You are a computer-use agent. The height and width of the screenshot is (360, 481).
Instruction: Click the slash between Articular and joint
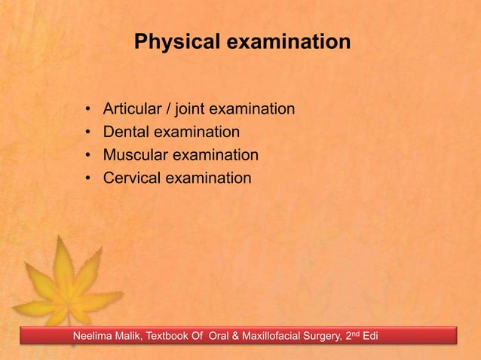tap(174, 110)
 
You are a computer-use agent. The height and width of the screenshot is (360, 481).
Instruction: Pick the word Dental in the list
tap(126, 133)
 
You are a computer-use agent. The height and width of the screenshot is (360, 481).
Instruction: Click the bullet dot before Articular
tap(88, 111)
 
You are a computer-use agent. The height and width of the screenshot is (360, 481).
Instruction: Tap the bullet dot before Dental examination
tap(88, 133)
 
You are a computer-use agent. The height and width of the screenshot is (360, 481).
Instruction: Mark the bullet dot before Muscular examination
tap(88, 156)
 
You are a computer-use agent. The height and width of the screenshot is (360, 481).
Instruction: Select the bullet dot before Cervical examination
tap(88, 178)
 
